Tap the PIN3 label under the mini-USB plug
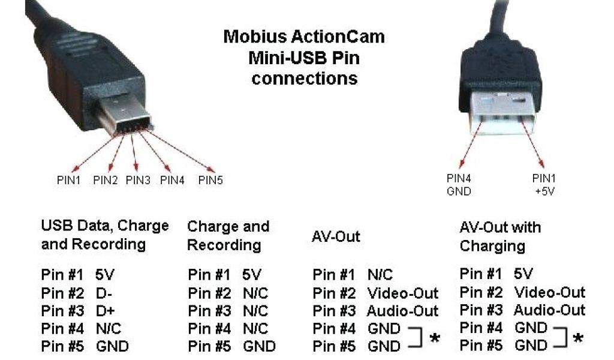coord(138,180)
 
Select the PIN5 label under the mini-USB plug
coord(210,180)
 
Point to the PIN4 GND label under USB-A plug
coord(459,184)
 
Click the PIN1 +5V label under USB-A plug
coord(545,184)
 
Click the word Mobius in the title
coord(251,37)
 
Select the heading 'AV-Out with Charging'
coord(499,236)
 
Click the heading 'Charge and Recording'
coord(228,235)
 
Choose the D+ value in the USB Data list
coord(105,311)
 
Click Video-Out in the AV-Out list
coord(402,293)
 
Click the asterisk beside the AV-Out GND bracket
coord(435,339)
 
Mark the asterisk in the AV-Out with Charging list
coord(578,338)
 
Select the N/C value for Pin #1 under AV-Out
coord(380,275)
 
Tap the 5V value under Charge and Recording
coord(252,275)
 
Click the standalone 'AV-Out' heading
coord(336,236)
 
